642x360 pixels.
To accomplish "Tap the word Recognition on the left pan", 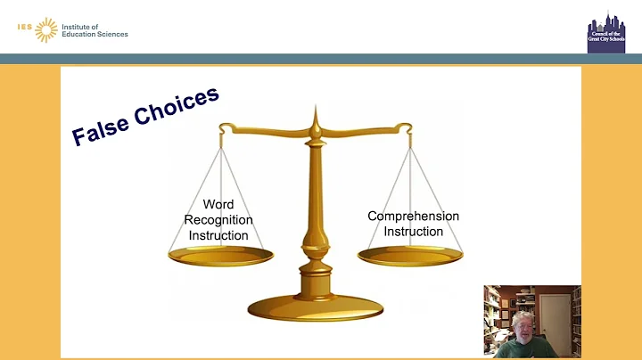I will (x=218, y=219).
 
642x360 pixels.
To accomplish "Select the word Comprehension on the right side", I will (x=413, y=216).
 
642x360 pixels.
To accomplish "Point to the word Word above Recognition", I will (x=218, y=204).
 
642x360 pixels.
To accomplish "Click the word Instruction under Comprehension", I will (x=413, y=232).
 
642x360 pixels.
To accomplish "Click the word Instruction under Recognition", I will (x=218, y=234).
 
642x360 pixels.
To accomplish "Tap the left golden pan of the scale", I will (x=220, y=256).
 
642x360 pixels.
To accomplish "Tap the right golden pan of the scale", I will (x=409, y=256).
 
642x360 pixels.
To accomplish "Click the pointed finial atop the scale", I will (x=314, y=114).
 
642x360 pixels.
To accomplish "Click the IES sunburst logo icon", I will (x=45, y=29).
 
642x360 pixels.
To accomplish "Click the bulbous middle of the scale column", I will (x=314, y=241).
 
